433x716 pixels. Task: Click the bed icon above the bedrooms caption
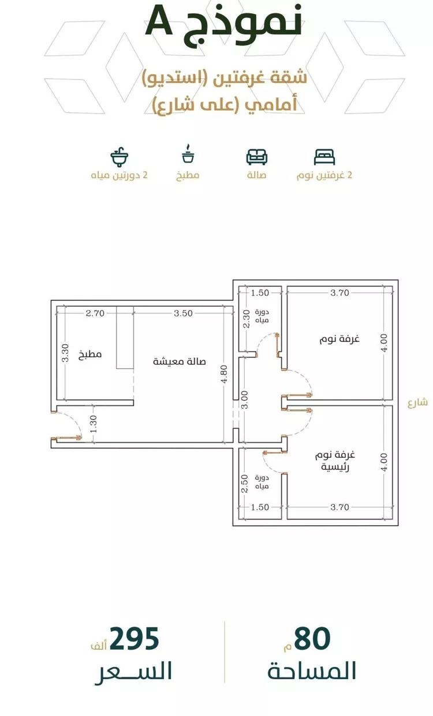pyautogui.click(x=324, y=157)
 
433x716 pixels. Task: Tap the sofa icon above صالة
pyautogui.click(x=257, y=157)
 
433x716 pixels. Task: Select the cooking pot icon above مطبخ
pyautogui.click(x=188, y=154)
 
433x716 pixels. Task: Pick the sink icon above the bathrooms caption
pyautogui.click(x=120, y=157)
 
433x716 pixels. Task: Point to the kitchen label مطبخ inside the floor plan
pyautogui.click(x=90, y=354)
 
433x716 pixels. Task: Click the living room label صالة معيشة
pyautogui.click(x=179, y=361)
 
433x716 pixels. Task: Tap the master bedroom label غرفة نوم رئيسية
pyautogui.click(x=335, y=461)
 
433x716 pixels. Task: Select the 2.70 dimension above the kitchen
pyautogui.click(x=95, y=313)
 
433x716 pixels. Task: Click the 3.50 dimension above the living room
pyautogui.click(x=184, y=313)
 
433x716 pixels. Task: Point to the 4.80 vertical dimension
pyautogui.click(x=224, y=374)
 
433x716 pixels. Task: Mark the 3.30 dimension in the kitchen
pyautogui.click(x=65, y=353)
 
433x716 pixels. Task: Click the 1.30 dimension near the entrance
pyautogui.click(x=94, y=424)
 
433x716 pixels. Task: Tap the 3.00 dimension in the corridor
pyautogui.click(x=245, y=400)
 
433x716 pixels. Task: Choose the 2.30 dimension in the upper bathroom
pyautogui.click(x=246, y=319)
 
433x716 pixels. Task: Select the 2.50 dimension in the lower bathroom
pyautogui.click(x=245, y=484)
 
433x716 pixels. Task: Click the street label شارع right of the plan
pyautogui.click(x=417, y=402)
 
